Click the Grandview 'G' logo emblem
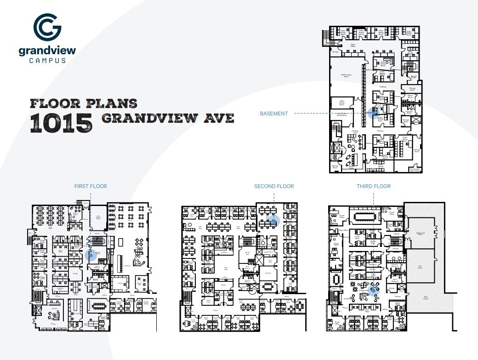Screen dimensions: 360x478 tap(47, 28)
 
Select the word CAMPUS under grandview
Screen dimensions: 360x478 tap(47, 60)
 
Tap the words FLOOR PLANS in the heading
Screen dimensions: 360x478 tap(84, 103)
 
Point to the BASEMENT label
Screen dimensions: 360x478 tap(274, 114)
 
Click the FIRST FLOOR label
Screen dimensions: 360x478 tap(91, 186)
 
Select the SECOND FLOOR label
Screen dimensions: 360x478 tap(274, 186)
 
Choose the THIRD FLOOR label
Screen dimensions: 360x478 tap(374, 186)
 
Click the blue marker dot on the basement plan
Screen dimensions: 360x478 tap(373, 113)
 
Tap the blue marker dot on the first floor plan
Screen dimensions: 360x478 tap(91, 254)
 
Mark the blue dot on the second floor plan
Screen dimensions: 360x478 tap(274, 221)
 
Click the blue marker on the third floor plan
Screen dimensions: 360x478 tap(374, 288)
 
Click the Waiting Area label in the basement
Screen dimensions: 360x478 tap(355, 131)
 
